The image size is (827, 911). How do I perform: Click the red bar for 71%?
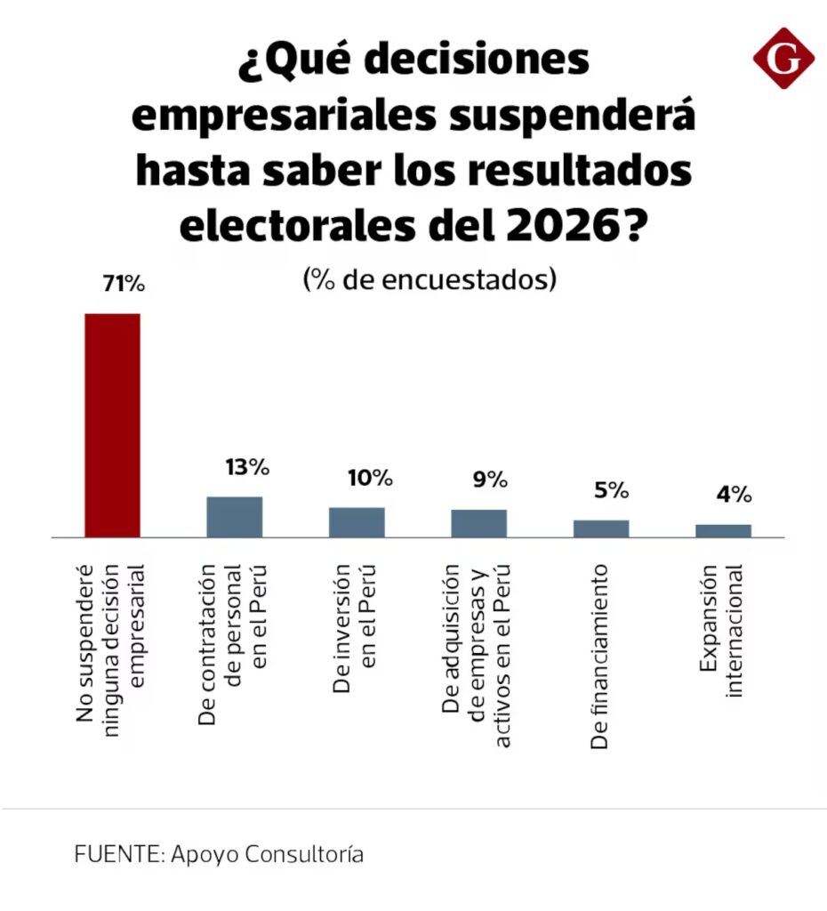(112, 425)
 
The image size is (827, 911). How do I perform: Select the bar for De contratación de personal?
(235, 517)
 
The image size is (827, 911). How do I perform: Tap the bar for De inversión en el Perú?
(357, 522)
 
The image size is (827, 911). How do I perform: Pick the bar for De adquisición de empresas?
(478, 523)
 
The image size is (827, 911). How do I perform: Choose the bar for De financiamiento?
(601, 528)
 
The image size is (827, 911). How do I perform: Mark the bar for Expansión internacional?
(723, 530)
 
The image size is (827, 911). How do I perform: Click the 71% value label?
(124, 285)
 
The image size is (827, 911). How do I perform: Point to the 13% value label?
(246, 466)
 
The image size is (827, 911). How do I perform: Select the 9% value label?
(490, 480)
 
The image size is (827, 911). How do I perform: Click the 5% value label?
(612, 491)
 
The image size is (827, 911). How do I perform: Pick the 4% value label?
(735, 496)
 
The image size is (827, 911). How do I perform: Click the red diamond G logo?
(783, 58)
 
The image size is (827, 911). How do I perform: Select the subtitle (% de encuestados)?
(429, 279)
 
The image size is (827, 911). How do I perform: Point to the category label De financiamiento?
(600, 657)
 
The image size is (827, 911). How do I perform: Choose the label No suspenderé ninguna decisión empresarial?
(111, 657)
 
